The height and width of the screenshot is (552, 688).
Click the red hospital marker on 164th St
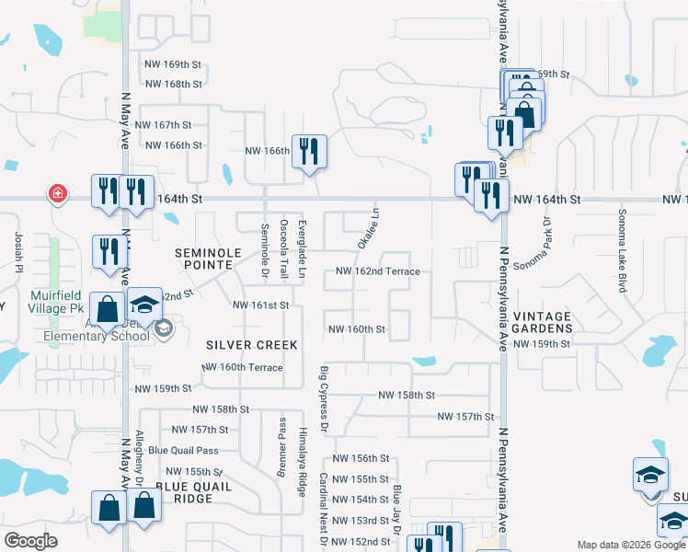(58, 193)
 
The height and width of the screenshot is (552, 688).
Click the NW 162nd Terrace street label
(377, 271)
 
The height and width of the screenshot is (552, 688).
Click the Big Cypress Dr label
(324, 399)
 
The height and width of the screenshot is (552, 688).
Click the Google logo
(31, 540)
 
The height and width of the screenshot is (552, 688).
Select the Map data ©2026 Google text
(631, 545)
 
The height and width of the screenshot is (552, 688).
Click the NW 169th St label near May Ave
(173, 64)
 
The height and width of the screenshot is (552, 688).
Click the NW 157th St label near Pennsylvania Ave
(465, 417)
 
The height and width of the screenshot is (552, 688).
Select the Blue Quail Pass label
(183, 450)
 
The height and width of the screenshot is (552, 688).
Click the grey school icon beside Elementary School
(163, 329)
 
